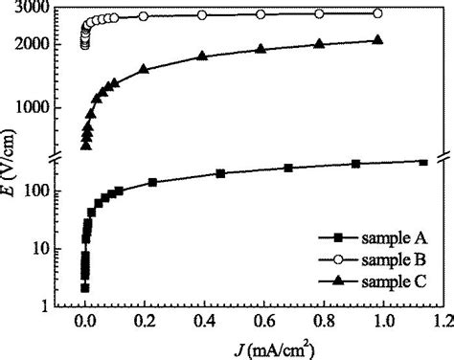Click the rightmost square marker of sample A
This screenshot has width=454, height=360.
point(423,162)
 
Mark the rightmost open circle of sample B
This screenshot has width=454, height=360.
point(377,13)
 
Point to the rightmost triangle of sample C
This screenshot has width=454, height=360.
point(377,40)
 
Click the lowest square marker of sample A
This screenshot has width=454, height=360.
point(85,287)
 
